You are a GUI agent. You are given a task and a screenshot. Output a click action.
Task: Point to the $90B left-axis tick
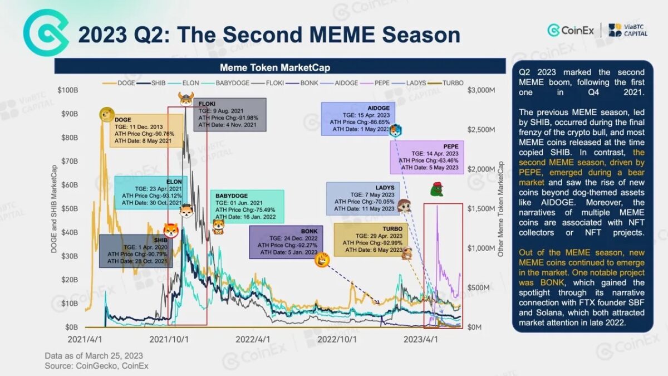click(x=70, y=114)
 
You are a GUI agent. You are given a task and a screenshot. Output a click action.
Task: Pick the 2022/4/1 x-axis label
click(x=253, y=338)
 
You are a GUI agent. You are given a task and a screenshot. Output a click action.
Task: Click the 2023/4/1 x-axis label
click(x=421, y=338)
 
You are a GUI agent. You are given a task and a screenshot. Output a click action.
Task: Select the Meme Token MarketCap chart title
click(x=275, y=67)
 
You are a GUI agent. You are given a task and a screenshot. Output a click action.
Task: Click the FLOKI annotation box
click(x=229, y=114)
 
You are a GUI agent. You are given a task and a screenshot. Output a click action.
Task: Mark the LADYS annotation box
click(x=361, y=198)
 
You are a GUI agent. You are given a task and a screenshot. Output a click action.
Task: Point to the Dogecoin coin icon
click(x=106, y=115)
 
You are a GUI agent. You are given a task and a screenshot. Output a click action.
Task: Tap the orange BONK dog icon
click(x=321, y=259)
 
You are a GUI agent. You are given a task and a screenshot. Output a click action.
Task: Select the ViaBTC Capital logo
click(x=628, y=30)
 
